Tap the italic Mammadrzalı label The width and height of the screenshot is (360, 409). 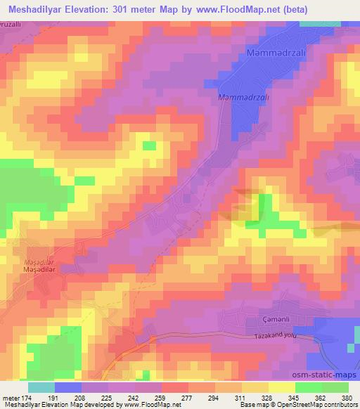click(x=243, y=97)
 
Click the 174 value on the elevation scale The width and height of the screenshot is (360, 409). click(x=25, y=398)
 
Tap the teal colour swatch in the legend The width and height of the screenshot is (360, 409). click(x=41, y=387)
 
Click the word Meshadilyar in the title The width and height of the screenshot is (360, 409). click(x=33, y=9)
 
